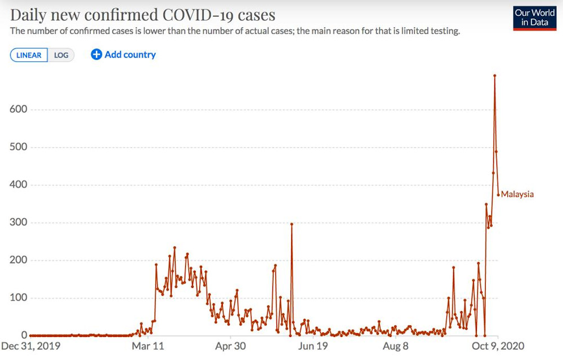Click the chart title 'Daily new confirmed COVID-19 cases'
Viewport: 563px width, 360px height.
point(142,15)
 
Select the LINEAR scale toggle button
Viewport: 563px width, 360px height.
point(29,55)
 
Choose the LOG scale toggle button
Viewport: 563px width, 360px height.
point(61,55)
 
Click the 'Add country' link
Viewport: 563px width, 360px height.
point(130,55)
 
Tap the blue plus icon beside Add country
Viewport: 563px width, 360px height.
point(96,55)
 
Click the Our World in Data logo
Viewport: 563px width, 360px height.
point(534,17)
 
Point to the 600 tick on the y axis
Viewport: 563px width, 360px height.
point(19,109)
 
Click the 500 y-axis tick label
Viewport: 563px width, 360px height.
point(19,147)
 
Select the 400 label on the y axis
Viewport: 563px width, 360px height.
point(19,185)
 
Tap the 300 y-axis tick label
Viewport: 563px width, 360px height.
point(19,223)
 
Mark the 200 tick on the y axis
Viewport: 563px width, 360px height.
point(19,260)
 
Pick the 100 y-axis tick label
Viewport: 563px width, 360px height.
point(19,298)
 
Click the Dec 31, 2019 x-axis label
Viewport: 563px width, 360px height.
point(32,346)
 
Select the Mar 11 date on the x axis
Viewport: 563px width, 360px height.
point(149,346)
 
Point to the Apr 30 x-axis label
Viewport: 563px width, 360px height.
point(231,346)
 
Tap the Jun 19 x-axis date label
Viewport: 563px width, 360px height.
point(313,346)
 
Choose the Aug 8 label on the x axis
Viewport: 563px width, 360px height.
point(395,346)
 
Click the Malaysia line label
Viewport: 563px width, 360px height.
point(517,194)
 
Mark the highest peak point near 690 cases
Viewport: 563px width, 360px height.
point(494,75)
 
